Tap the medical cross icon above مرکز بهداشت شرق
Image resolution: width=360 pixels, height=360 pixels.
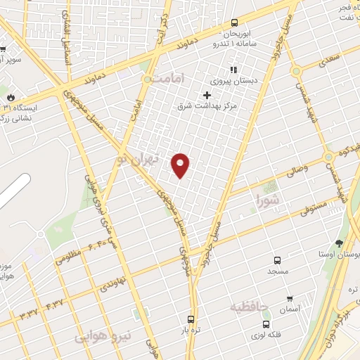[x=207, y=95]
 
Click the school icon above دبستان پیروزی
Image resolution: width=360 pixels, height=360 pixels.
[x=233, y=70]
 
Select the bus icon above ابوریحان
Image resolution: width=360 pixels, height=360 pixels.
[x=234, y=22]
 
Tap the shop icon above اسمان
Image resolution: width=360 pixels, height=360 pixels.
[x=289, y=299]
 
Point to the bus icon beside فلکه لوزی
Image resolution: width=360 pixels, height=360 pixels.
[x=266, y=324]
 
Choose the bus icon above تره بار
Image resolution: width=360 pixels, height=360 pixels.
[x=190, y=319]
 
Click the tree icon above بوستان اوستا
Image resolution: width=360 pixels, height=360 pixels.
[x=339, y=243]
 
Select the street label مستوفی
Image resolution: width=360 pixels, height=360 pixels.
[x=312, y=204]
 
